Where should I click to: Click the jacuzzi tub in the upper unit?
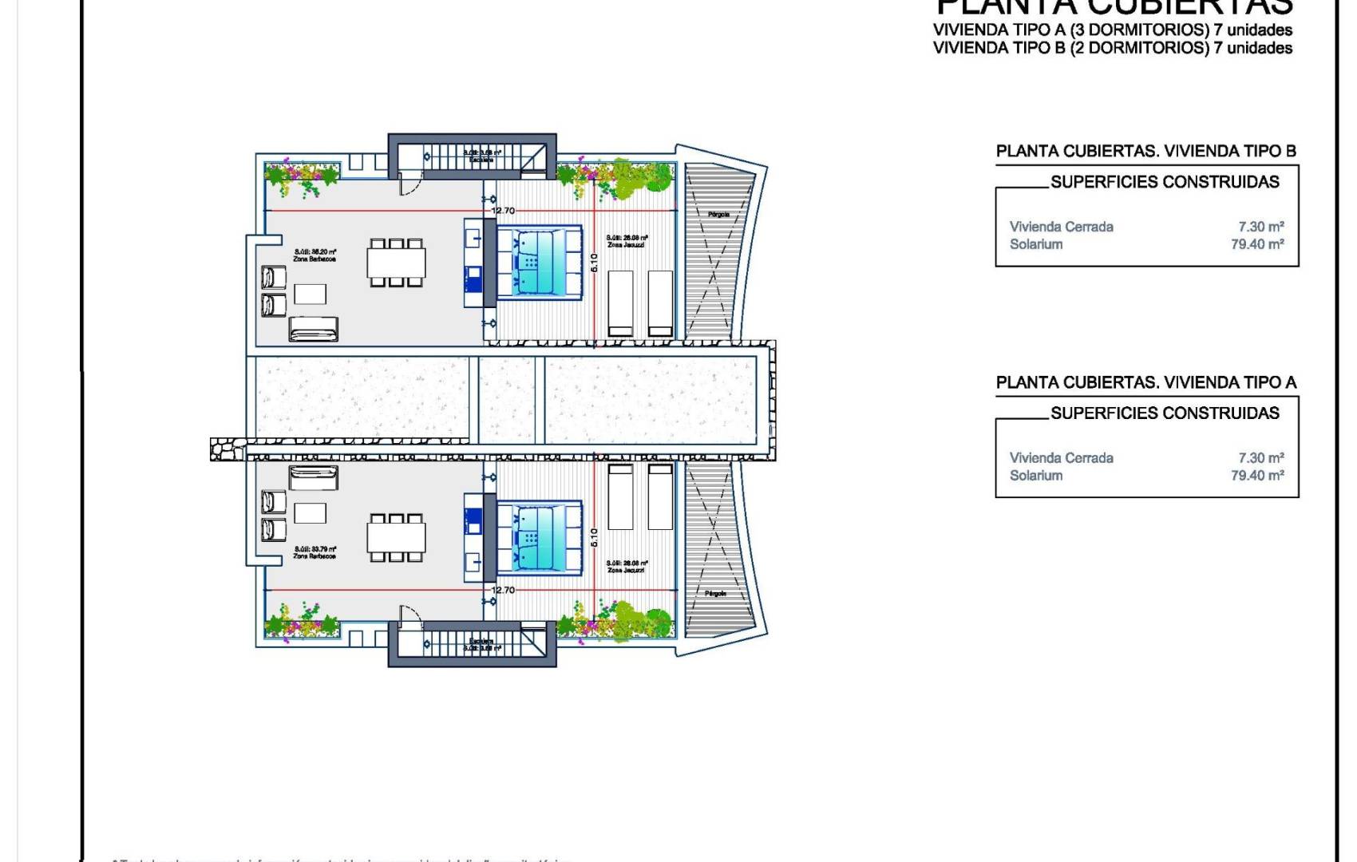tap(539, 262)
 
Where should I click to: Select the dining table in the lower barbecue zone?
tap(396, 537)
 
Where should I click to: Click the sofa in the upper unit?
tap(313, 329)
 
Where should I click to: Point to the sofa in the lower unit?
tap(313, 478)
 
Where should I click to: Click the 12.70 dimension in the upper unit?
tap(503, 211)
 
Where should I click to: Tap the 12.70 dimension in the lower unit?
tap(503, 590)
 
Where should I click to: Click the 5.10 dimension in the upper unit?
tap(594, 262)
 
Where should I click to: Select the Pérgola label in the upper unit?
tap(718, 214)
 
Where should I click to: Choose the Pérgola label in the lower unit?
tap(716, 594)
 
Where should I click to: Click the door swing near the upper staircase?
tap(408, 186)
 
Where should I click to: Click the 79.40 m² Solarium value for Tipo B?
tap(1257, 244)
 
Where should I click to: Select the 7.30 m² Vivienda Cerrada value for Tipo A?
tap(1261, 458)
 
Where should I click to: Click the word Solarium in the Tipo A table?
tap(1036, 476)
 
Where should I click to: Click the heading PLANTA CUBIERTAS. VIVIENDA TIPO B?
tap(1145, 151)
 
